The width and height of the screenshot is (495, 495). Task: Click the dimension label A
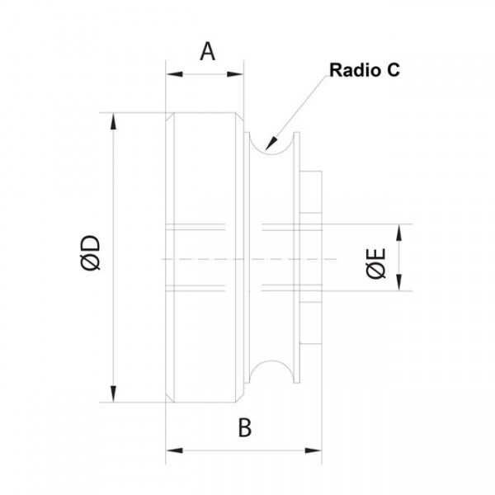click(208, 52)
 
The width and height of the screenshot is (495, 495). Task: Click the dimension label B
click(244, 428)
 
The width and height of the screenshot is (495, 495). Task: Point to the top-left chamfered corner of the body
click(169, 118)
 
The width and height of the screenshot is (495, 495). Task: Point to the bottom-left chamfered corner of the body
click(169, 398)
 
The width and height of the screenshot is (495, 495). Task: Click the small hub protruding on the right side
click(312, 257)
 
